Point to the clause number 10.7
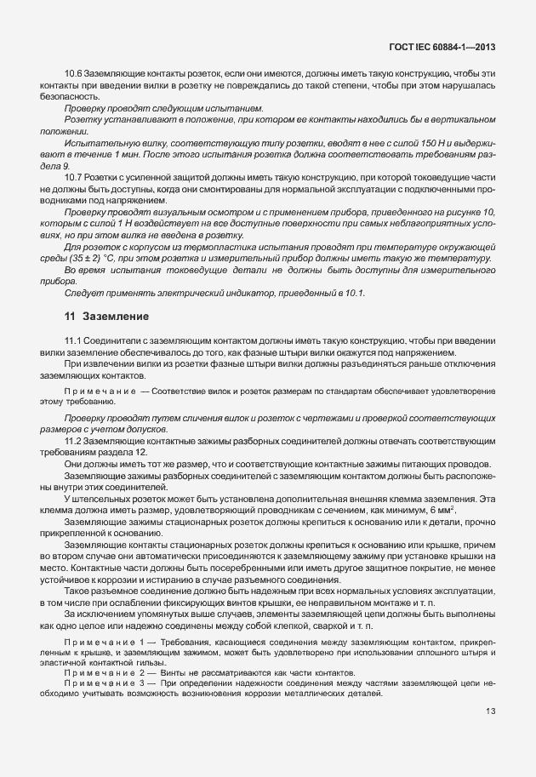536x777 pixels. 75,176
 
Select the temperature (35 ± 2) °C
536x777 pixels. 103,258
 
